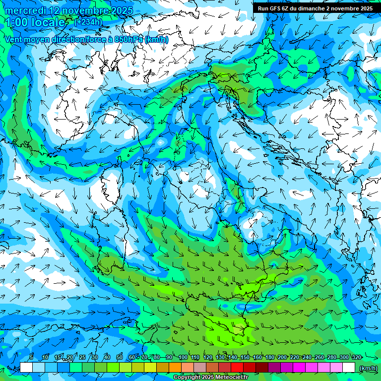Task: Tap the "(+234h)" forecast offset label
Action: click(88, 22)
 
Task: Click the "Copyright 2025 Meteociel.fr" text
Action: click(210, 378)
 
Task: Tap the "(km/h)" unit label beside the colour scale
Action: click(368, 368)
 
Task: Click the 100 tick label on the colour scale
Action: click(183, 357)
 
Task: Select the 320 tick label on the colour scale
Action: click(357, 357)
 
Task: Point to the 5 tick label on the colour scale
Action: click(31, 357)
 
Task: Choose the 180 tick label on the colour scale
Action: click(269, 357)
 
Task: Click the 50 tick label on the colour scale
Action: click(120, 357)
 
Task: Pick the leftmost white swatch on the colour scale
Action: click(26, 368)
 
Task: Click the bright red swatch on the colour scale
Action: click(237, 368)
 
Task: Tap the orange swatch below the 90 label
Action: click(175, 368)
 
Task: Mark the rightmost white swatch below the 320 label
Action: click(349, 368)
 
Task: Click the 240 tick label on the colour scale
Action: click(307, 357)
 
